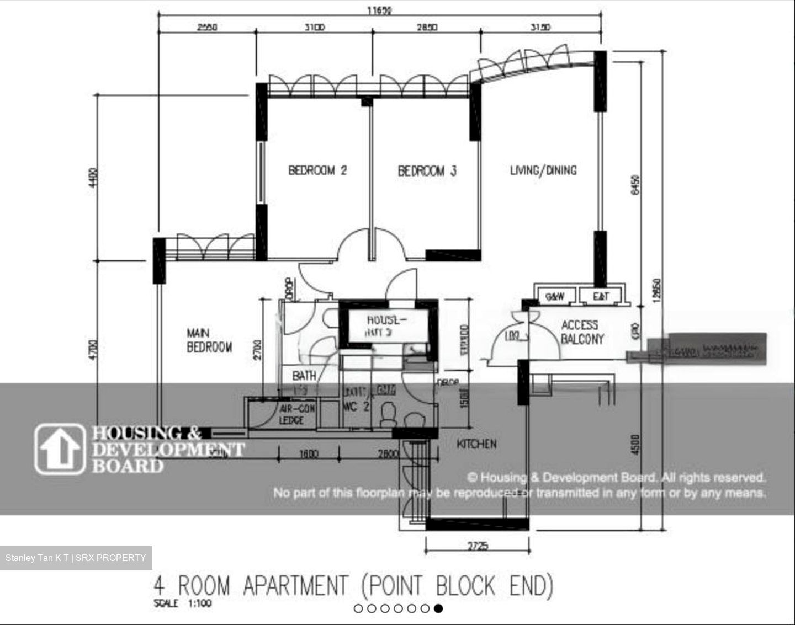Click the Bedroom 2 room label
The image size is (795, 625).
[x=317, y=170]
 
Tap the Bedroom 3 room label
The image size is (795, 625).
[x=427, y=170]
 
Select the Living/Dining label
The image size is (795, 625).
[x=543, y=170]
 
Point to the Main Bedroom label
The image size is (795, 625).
[x=209, y=340]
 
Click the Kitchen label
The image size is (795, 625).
[x=476, y=444]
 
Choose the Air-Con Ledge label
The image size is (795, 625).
[x=297, y=414]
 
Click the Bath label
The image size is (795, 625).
[x=304, y=376]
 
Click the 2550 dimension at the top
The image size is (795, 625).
[x=207, y=27]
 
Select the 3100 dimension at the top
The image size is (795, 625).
[x=315, y=27]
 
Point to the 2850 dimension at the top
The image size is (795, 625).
[x=426, y=27]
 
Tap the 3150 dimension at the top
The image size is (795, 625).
[x=540, y=27]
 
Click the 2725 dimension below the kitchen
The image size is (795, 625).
[x=478, y=546]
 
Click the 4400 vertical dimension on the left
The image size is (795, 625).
[x=93, y=178]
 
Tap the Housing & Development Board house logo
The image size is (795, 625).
[x=60, y=449]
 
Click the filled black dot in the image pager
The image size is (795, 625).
[x=438, y=608]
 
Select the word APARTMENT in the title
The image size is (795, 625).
[x=295, y=585]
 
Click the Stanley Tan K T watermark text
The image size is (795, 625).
[x=38, y=558]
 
